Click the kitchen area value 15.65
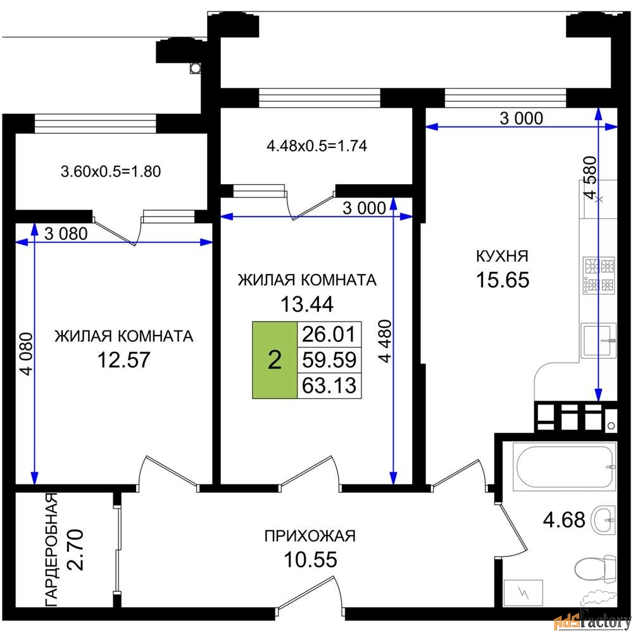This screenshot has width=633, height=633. coord(503,280)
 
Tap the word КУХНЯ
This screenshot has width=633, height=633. coord(502,256)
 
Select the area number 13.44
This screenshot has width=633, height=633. coord(307,304)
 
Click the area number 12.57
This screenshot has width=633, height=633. coord(123,360)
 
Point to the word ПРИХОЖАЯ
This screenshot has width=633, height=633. coord(310,536)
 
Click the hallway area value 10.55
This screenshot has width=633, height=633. coord(310,560)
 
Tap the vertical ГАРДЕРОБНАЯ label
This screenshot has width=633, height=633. coord(51,550)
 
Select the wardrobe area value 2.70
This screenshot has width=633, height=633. coord(75,549)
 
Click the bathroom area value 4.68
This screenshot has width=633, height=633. coord(564,520)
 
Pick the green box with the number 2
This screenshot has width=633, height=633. coord(275,360)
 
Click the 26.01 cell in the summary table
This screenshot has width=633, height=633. coord(329,334)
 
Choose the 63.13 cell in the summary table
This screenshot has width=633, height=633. coord(329,385)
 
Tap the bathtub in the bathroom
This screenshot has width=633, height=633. coord(565,467)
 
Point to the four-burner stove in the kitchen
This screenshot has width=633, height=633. coord(598,276)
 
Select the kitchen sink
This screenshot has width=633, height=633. coord(598,341)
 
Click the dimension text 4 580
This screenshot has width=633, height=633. coord(590,178)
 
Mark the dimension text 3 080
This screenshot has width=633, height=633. coord(66,234)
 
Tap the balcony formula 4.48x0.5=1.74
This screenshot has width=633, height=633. coord(317,146)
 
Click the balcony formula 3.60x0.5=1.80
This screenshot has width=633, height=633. coord(111,172)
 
